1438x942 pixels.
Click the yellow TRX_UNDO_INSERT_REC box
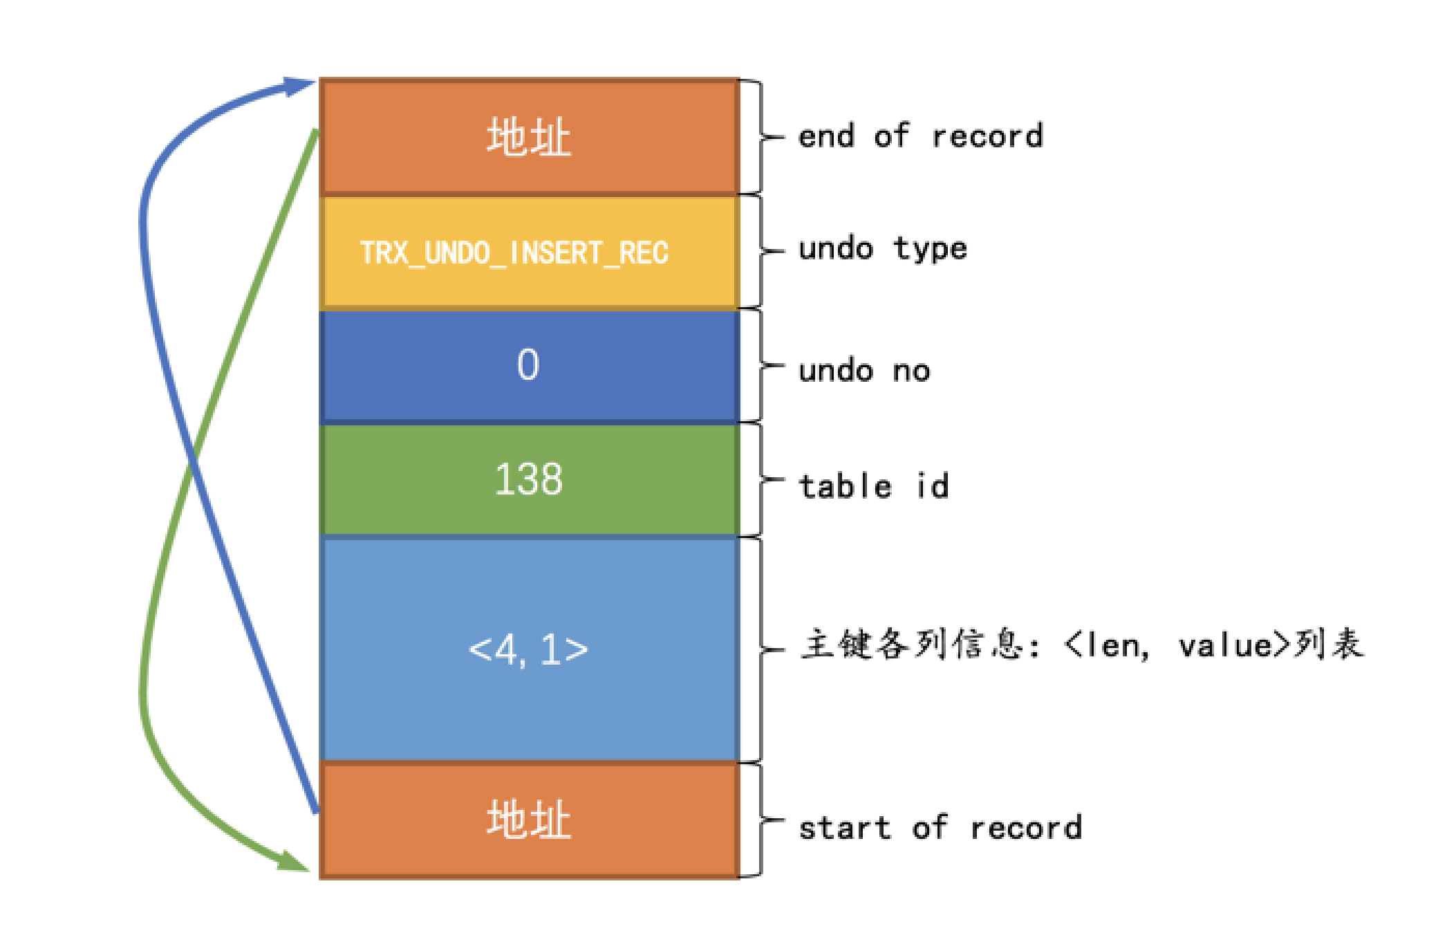tap(529, 252)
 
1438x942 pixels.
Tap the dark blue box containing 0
tap(529, 365)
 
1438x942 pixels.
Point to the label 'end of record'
tap(919, 136)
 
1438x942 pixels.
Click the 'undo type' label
tap(882, 249)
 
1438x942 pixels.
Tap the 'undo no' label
tap(864, 371)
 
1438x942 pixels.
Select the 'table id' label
tap(874, 486)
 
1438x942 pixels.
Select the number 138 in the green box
tap(529, 479)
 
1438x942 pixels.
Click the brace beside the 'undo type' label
tap(763, 251)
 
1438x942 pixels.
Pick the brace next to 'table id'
tap(763, 479)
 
